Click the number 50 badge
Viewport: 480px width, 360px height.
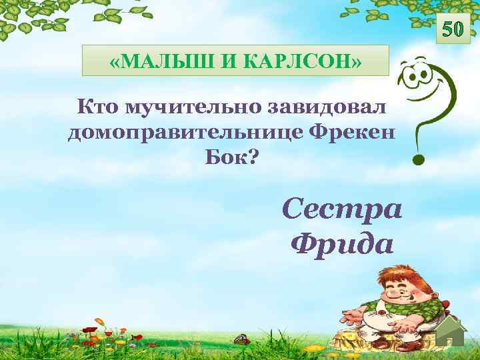(x=452, y=29)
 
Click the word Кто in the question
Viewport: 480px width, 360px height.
(x=97, y=106)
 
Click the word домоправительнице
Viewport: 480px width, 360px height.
(x=184, y=132)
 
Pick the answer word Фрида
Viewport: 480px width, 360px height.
(x=342, y=244)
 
